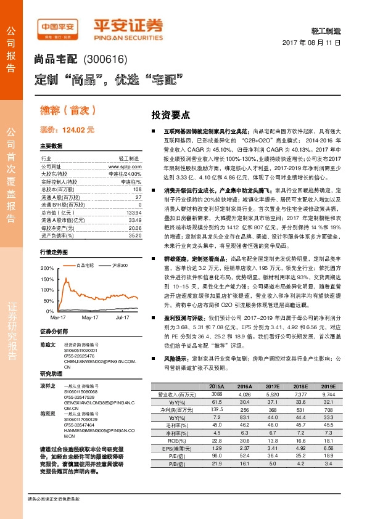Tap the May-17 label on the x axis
90,317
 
